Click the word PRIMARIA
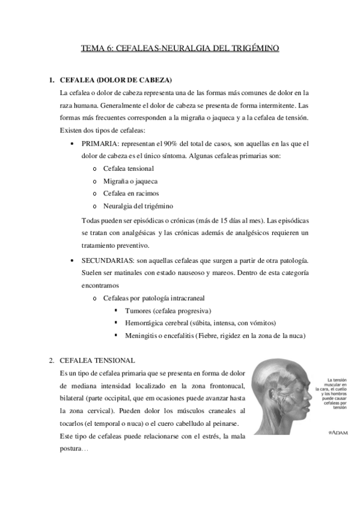coord(100,143)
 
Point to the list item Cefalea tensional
coord(129,168)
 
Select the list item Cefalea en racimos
coord(132,194)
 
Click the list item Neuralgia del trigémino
coord(139,206)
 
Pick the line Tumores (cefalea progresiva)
coord(168,310)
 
